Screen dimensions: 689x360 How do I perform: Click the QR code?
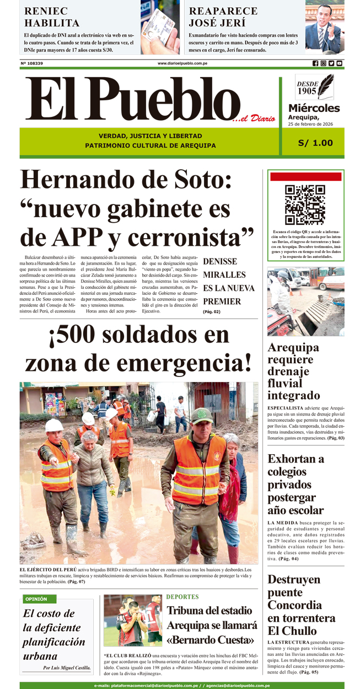(x=304, y=204)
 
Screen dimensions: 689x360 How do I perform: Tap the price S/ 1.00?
(x=315, y=143)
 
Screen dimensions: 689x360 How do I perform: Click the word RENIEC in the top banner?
(x=46, y=11)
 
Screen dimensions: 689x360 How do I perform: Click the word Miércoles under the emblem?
(x=314, y=108)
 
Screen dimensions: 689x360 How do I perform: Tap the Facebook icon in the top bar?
(x=315, y=63)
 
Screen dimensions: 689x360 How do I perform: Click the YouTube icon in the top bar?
(x=340, y=63)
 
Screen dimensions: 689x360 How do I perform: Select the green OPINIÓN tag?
(x=36, y=599)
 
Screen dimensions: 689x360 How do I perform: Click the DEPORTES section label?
(x=182, y=596)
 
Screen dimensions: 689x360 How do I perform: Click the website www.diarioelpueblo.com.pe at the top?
(x=182, y=63)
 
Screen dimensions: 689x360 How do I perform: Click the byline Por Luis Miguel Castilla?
(x=67, y=668)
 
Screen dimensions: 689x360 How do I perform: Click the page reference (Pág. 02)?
(x=211, y=312)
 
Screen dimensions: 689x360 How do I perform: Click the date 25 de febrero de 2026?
(x=314, y=124)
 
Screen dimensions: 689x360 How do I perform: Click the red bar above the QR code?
(x=305, y=177)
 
